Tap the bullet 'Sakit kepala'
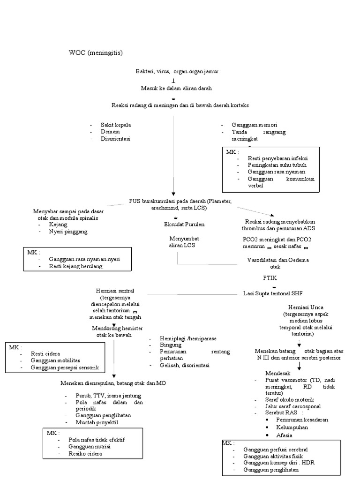(115, 125)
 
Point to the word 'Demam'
(110, 132)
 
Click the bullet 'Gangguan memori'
(254, 125)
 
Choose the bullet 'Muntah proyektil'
(97, 422)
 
